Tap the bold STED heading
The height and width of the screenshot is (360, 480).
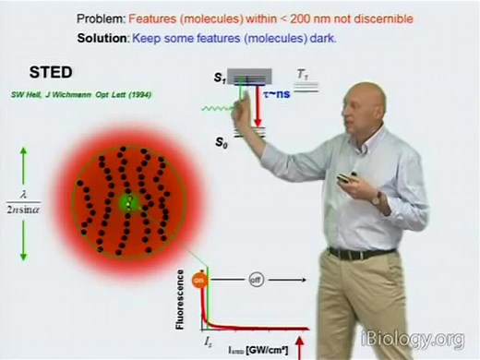click(x=31, y=74)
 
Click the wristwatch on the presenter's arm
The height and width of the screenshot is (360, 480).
click(x=375, y=197)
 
